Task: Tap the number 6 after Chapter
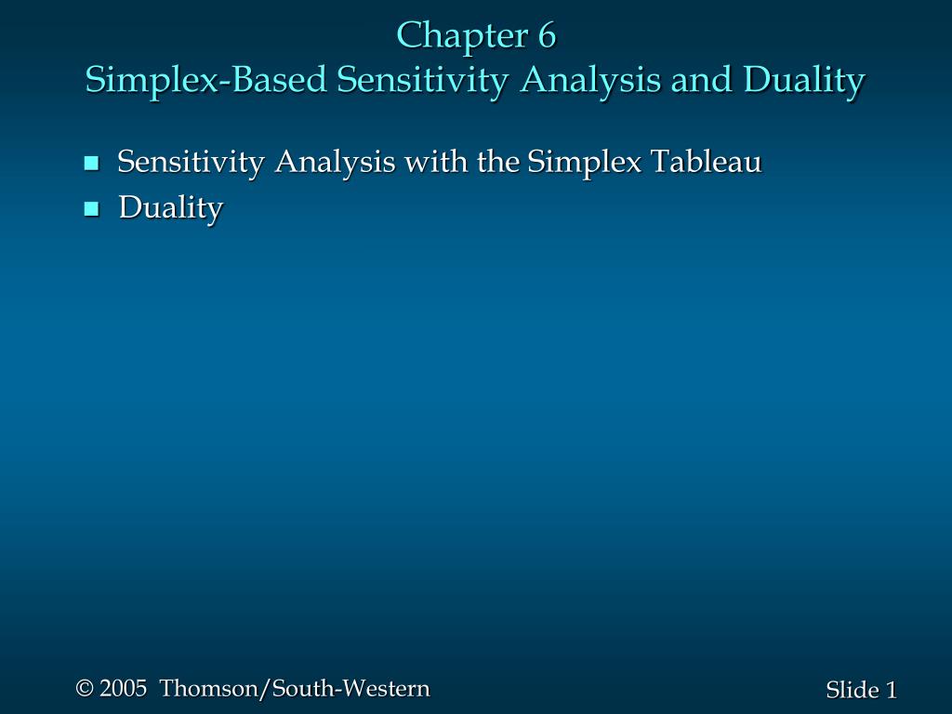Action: click(546, 36)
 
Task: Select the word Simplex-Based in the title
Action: click(206, 81)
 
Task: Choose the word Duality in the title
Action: click(806, 81)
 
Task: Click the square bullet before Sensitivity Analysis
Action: click(91, 165)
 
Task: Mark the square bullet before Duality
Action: click(91, 209)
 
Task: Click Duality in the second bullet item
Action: click(170, 208)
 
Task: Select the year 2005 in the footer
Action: click(124, 689)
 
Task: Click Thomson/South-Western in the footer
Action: click(295, 689)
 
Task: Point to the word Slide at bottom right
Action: click(852, 690)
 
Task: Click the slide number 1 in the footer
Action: click(892, 690)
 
